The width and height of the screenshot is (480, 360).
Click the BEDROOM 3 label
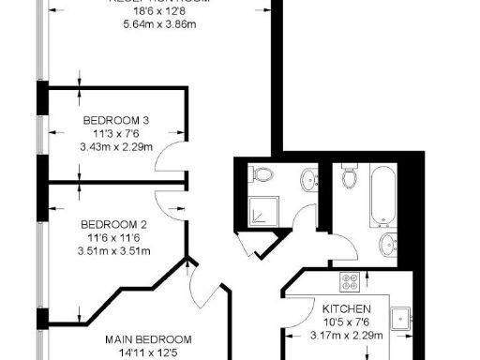coord(116,120)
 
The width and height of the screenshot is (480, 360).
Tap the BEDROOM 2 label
coord(114,224)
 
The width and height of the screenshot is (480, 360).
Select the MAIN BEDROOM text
coord(149,339)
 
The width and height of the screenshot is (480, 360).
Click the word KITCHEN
coord(347,308)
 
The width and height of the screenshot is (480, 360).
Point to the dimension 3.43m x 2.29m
coord(116,147)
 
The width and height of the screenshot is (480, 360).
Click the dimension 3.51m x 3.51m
coord(114,250)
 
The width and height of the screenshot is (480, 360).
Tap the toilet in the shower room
coord(262,175)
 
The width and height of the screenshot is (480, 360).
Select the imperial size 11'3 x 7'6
coord(116,133)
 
